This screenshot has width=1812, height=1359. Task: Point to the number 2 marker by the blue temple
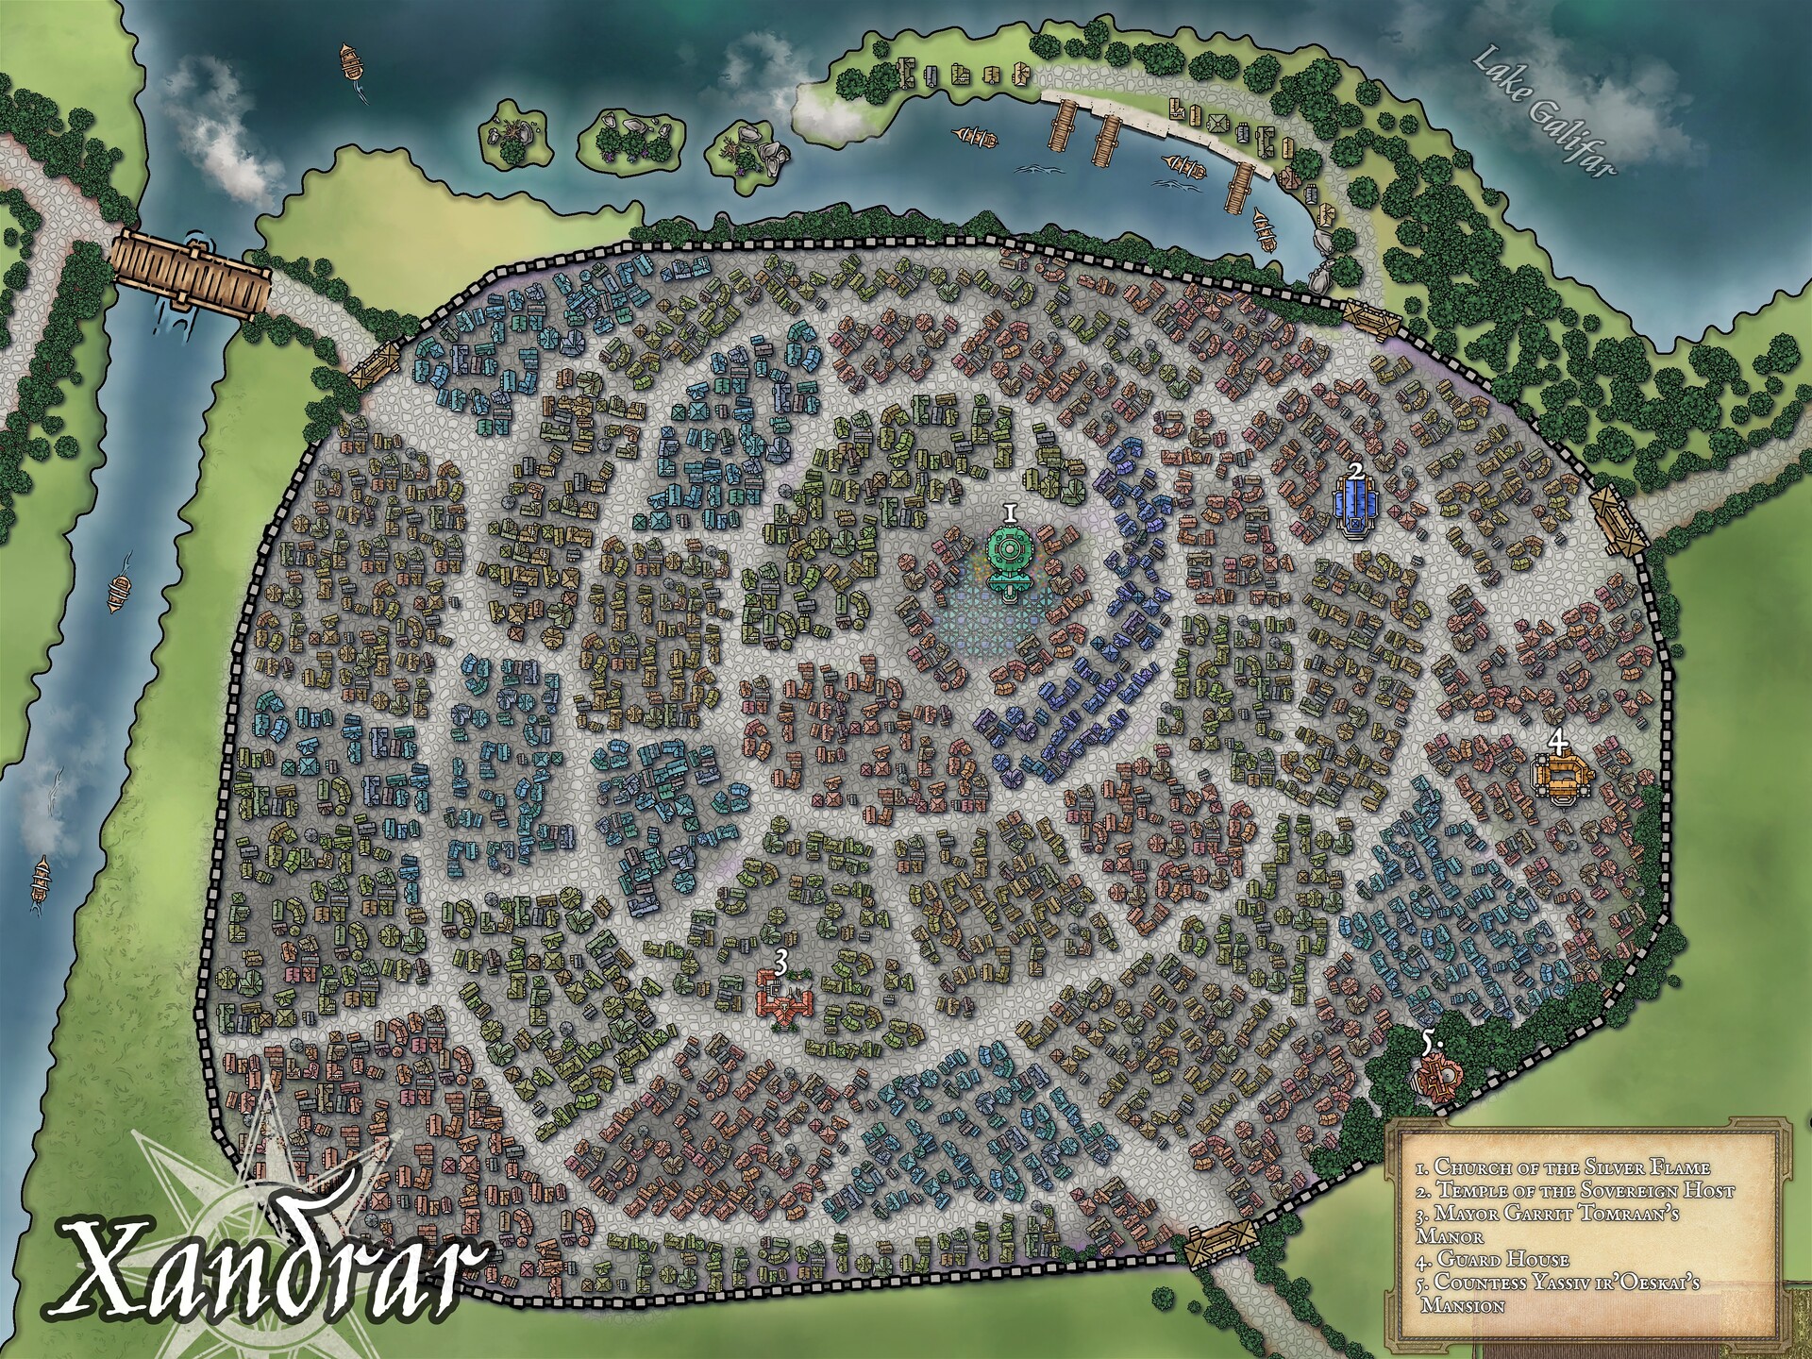pyautogui.click(x=1356, y=470)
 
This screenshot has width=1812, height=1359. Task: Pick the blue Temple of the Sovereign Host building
pyautogui.click(x=1355, y=508)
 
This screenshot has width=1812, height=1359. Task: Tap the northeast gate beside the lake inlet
pyautogui.click(x=1371, y=319)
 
